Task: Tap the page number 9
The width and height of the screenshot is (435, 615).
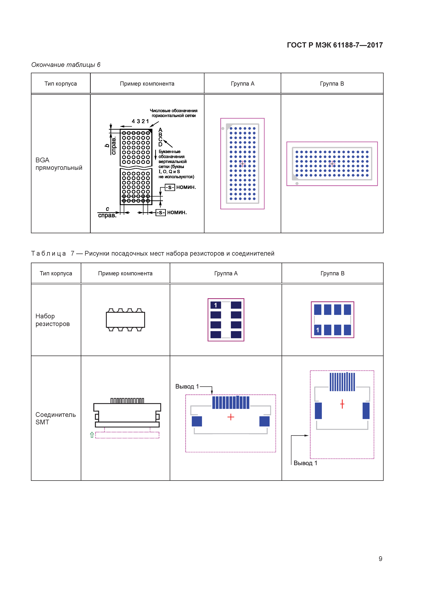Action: [x=380, y=559]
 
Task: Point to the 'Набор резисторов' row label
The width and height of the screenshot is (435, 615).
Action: [x=52, y=320]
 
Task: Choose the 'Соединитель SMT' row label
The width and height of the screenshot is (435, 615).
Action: [x=55, y=418]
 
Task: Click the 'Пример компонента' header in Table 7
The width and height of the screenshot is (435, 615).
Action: [x=125, y=273]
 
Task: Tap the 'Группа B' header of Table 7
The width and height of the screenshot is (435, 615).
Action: [x=332, y=273]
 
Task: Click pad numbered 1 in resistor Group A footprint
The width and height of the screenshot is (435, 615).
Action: [x=216, y=305]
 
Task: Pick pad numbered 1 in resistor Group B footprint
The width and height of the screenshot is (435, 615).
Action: [x=318, y=330]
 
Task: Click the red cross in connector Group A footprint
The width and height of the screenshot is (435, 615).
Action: [x=231, y=417]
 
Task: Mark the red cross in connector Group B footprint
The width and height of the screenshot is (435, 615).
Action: [x=342, y=404]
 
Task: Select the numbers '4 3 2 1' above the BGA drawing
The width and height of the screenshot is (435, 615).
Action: [x=140, y=121]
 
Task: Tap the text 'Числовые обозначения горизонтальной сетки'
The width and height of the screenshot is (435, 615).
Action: [x=174, y=113]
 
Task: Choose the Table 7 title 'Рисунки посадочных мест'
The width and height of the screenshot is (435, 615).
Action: [x=179, y=253]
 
